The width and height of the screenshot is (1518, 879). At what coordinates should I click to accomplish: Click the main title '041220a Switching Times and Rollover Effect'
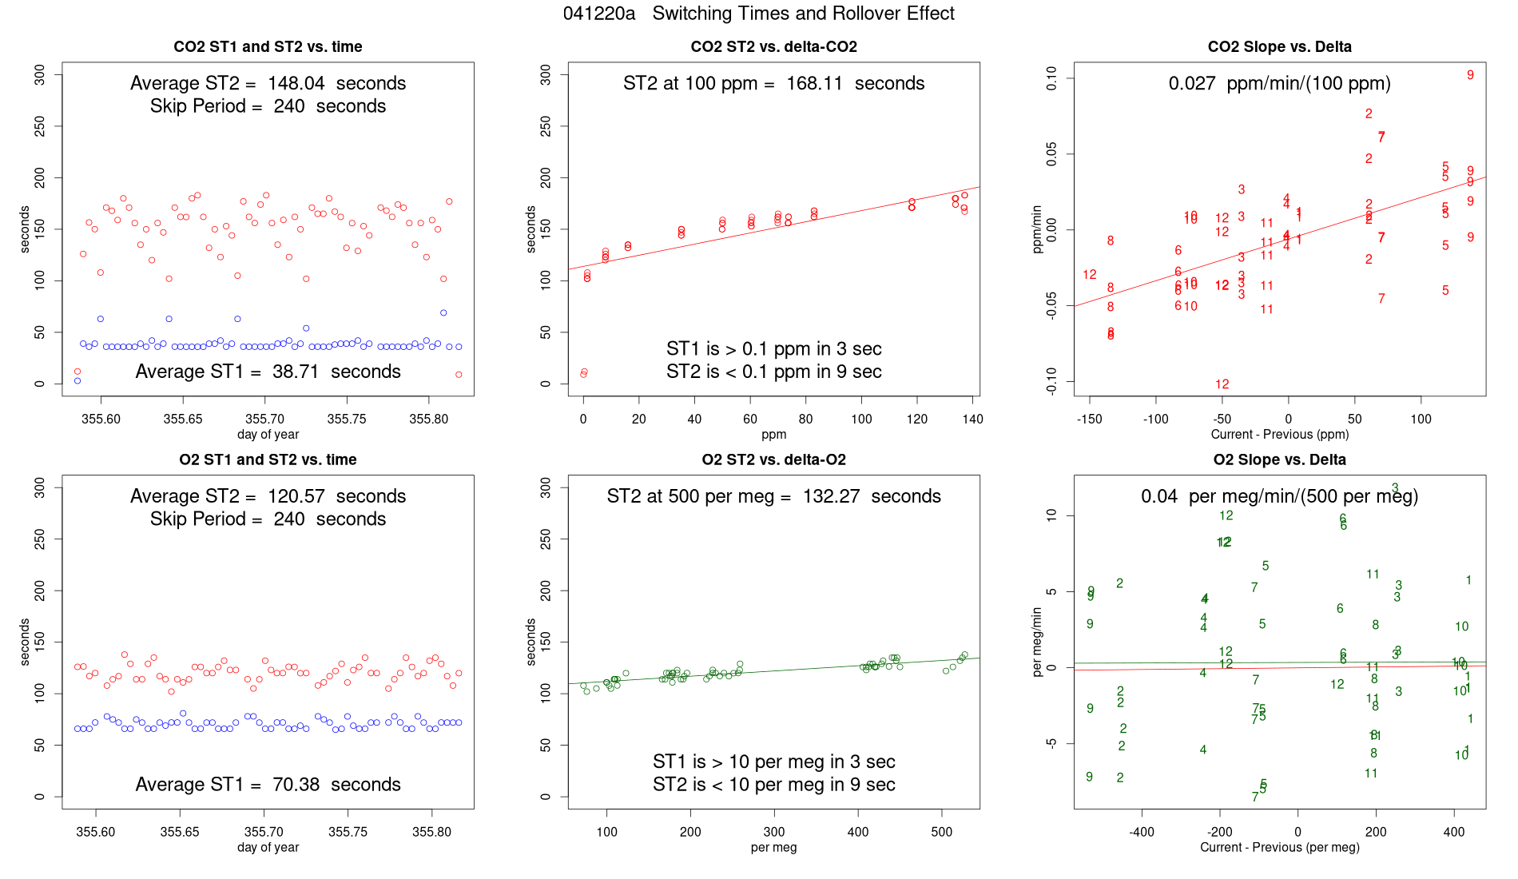[x=758, y=14]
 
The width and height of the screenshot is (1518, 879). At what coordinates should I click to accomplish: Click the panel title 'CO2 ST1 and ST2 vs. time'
[x=268, y=46]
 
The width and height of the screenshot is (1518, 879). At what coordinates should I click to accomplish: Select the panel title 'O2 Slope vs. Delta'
[x=1279, y=459]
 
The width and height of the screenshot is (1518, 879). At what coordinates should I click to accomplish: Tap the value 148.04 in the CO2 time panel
[x=296, y=83]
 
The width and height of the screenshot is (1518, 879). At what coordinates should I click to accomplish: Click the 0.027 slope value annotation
[x=1192, y=83]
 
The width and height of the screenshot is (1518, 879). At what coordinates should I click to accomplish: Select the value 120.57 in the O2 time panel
[x=296, y=496]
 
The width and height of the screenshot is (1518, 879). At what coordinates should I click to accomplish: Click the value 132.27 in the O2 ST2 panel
[x=831, y=496]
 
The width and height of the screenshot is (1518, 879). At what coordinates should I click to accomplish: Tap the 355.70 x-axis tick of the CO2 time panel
[x=264, y=419]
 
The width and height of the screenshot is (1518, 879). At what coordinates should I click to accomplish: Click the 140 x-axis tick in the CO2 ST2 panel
[x=972, y=419]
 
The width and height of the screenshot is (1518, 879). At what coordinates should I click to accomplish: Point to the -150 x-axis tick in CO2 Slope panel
[x=1090, y=419]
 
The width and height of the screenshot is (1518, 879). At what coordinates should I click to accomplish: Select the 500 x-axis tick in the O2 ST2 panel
[x=942, y=832]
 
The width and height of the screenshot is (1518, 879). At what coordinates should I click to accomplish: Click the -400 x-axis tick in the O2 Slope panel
[x=1141, y=832]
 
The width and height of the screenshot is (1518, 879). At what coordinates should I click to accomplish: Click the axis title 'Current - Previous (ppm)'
[x=1279, y=434]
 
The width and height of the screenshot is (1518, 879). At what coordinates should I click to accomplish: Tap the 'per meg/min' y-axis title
[x=1037, y=642]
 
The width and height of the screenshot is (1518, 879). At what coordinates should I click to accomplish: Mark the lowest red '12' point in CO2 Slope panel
[x=1222, y=384]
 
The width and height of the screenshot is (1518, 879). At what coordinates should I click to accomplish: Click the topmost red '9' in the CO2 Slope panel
[x=1470, y=75]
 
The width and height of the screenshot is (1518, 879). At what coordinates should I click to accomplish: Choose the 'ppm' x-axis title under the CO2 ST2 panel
[x=773, y=434]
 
